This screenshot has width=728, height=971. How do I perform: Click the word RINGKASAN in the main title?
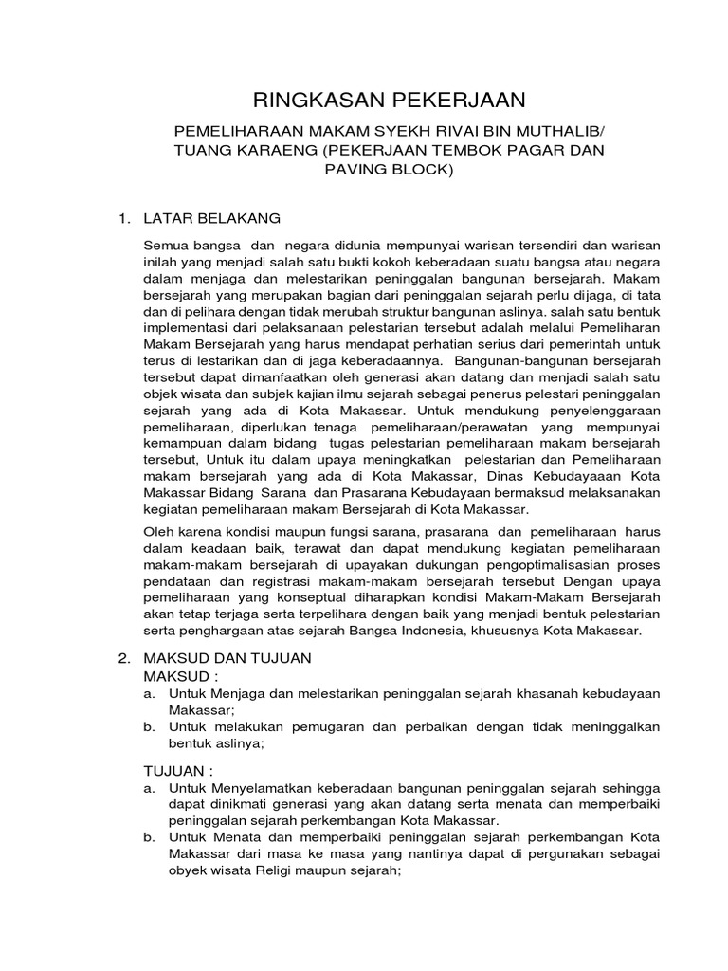click(x=301, y=101)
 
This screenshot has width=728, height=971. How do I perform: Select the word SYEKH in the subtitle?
click(x=385, y=132)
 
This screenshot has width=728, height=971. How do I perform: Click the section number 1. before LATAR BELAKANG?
click(x=122, y=219)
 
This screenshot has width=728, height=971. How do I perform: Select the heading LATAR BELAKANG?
click(x=211, y=219)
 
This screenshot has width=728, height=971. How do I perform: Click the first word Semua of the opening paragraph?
click(x=164, y=246)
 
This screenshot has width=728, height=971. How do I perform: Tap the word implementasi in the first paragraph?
click(x=183, y=327)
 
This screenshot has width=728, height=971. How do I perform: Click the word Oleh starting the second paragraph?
click(x=157, y=533)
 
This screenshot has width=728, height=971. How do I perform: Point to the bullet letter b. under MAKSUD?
click(x=149, y=728)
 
